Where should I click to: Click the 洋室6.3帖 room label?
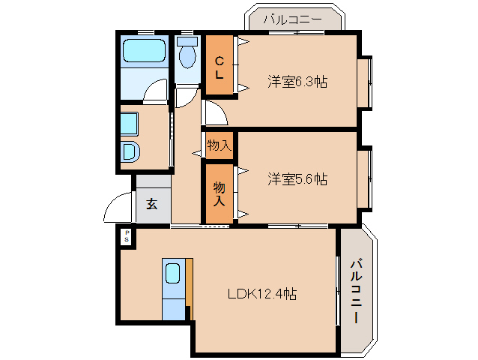297,81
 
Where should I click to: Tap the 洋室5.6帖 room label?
297,179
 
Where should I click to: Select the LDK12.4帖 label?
261,294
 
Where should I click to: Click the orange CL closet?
220,64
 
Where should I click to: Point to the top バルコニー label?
294,19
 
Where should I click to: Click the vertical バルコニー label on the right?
356,291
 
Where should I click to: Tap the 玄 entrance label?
152,204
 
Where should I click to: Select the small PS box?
127,236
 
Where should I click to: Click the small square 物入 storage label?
219,145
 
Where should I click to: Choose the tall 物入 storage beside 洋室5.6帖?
219,193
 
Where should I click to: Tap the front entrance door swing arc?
117,208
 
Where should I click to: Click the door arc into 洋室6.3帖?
216,113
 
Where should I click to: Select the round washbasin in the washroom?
130,152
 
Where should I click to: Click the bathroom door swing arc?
156,91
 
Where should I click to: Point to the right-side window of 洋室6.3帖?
364,81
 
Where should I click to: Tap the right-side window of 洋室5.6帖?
364,178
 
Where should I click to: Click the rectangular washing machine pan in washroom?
130,123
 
